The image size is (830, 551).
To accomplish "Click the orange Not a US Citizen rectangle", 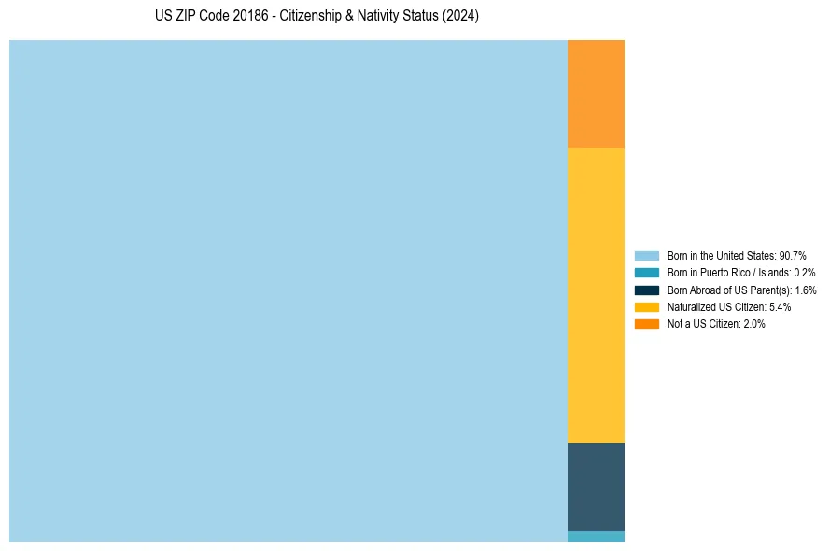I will point(596,93).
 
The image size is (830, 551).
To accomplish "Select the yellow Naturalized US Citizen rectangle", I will point(596,295).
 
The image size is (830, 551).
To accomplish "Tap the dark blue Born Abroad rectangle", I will point(596,487).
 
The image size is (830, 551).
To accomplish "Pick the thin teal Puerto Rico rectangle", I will point(596,536).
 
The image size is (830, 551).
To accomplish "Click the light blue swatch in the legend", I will point(647,255).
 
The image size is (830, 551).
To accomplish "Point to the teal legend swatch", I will point(647,273).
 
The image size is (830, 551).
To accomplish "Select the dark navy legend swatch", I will point(647,290).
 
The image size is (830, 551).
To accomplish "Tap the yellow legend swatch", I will point(647,306).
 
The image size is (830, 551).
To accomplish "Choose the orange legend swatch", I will point(647,324).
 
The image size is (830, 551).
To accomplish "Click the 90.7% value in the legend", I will point(792,255).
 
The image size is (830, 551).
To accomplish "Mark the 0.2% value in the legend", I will point(804,273).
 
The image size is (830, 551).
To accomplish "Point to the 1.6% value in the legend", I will point(806,290).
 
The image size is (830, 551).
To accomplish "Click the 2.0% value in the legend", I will point(753,324).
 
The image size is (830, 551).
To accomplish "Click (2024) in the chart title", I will point(461,17).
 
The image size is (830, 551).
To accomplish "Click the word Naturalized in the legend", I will point(691,306).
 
